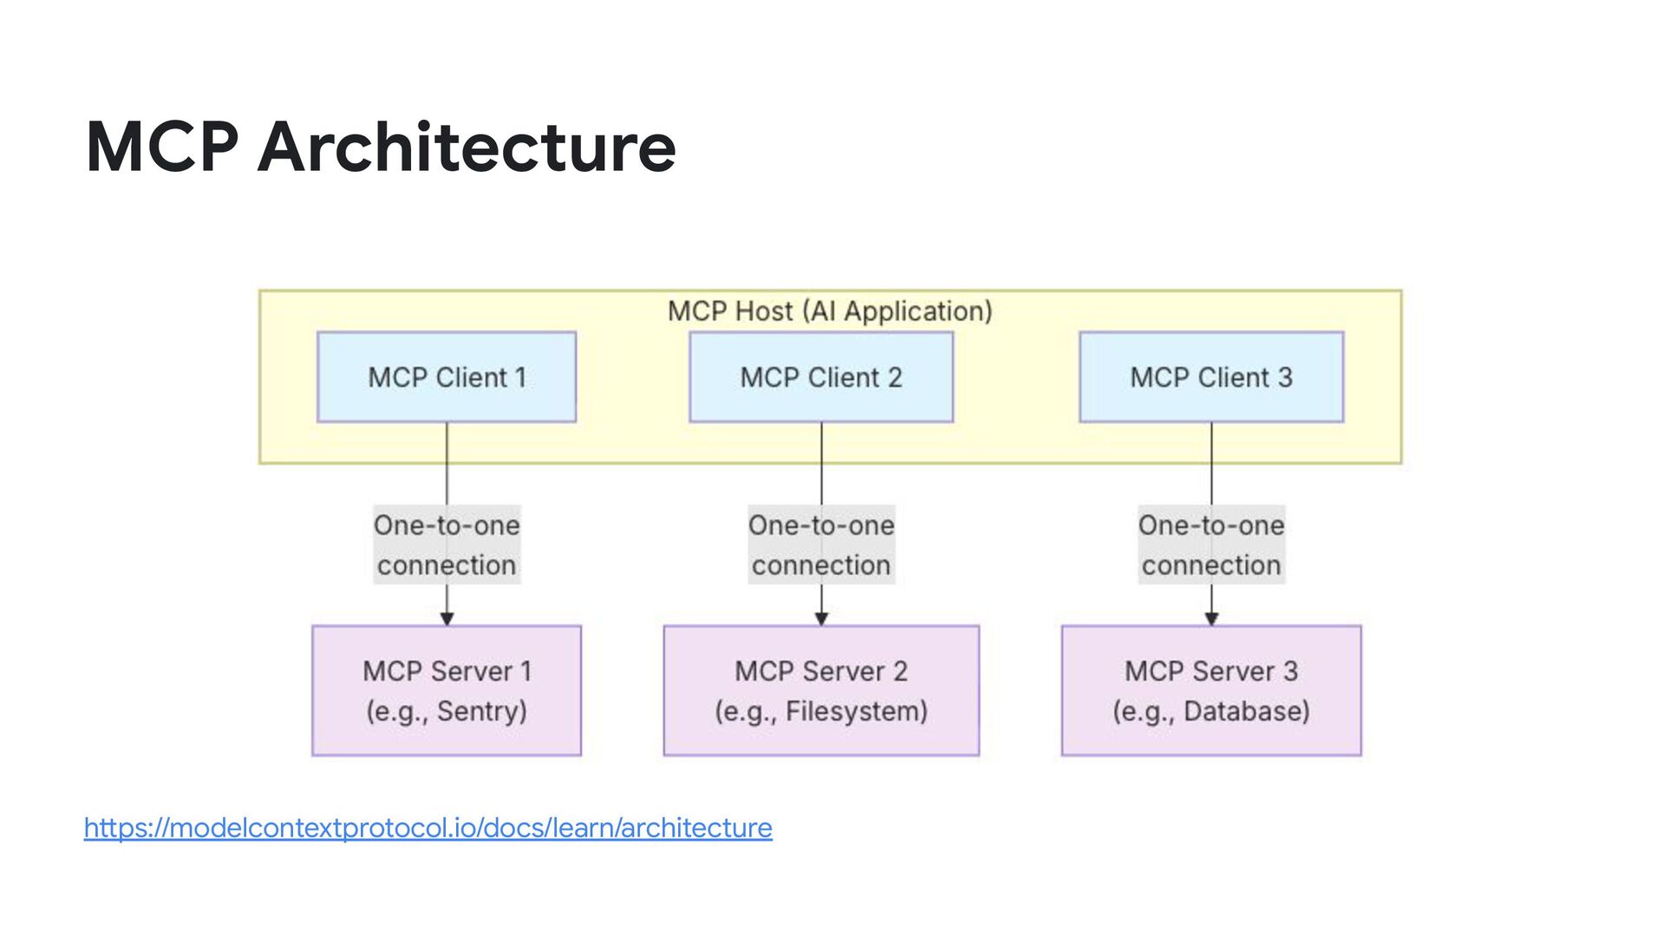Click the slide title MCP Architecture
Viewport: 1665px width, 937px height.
[x=381, y=147]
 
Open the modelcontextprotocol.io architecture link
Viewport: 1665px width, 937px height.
[x=428, y=828]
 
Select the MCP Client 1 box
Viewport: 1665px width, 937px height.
[x=447, y=377]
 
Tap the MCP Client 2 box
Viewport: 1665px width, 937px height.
[x=821, y=377]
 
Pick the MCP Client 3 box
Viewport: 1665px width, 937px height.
[x=1211, y=377]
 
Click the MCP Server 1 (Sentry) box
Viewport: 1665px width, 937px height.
[x=447, y=691]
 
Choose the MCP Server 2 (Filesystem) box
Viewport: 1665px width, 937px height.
[x=821, y=691]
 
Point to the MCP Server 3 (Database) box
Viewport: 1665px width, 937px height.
[x=1211, y=691]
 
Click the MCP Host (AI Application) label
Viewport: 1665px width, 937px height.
[x=830, y=311]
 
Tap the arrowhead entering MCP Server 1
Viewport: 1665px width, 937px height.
[x=447, y=619]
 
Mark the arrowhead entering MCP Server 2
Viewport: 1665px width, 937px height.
[x=821, y=619]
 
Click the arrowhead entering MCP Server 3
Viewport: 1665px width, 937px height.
[x=1211, y=619]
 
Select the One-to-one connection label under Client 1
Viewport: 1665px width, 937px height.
[x=447, y=545]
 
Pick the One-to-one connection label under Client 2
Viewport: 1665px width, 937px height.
[x=821, y=545]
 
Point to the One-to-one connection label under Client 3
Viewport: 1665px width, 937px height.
[x=1211, y=545]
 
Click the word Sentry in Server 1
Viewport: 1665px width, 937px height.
[x=478, y=711]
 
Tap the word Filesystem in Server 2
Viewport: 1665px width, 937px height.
[x=852, y=711]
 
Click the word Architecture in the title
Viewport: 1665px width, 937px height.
[x=467, y=147]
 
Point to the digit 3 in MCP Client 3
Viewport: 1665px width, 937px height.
[x=1285, y=377]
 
